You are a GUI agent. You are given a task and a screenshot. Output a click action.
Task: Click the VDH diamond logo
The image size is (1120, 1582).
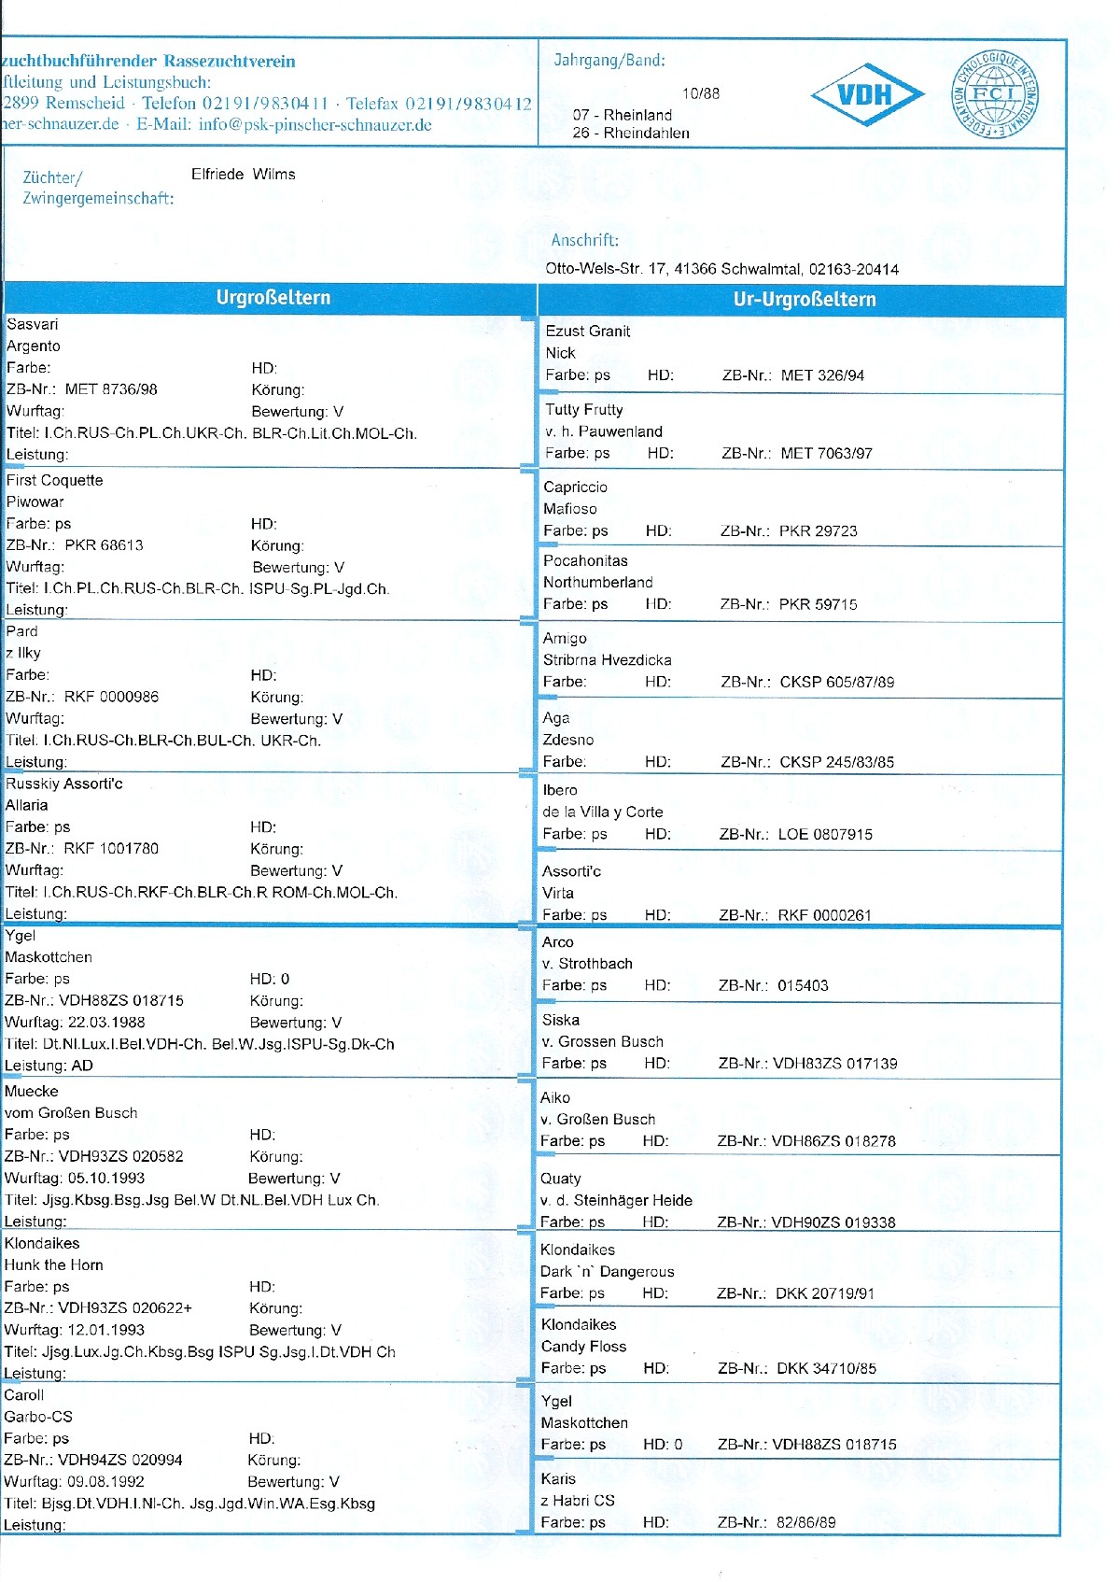pos(867,94)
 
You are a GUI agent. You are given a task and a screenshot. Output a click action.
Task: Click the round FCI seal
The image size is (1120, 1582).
pos(995,94)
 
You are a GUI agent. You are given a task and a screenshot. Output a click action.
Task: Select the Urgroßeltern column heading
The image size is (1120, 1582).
pos(273,298)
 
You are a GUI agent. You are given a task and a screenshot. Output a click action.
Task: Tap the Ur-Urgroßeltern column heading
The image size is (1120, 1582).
pos(804,300)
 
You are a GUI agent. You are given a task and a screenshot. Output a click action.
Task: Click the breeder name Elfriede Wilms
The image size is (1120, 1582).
pos(243,175)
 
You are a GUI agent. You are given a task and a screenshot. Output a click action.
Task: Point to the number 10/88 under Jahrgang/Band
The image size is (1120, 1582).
pos(700,93)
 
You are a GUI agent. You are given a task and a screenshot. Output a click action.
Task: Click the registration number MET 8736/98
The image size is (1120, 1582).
pos(111,389)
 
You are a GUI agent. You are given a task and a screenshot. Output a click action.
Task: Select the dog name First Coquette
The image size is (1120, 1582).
pos(54,480)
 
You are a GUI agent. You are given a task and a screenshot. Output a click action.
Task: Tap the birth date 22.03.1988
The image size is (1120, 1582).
pos(106,1022)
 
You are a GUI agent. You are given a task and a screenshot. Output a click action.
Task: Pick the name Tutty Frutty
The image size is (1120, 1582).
pos(583,409)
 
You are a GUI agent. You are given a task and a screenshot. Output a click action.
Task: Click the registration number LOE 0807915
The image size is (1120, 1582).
pos(825,834)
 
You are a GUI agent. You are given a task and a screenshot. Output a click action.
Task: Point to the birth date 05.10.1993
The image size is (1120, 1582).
pos(106,1178)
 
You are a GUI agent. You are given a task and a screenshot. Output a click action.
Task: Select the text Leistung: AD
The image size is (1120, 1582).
pos(49,1066)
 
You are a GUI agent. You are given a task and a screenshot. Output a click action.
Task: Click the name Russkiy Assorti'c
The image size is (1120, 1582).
pos(63,784)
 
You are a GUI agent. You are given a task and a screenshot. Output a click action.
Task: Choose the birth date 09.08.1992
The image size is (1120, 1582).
pos(105,1481)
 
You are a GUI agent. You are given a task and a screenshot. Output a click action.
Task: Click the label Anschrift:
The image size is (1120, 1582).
pos(584,241)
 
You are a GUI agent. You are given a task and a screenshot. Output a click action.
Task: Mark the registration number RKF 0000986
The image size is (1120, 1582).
pos(111,697)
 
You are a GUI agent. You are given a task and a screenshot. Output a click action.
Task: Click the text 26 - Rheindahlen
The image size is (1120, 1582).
pos(631,133)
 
